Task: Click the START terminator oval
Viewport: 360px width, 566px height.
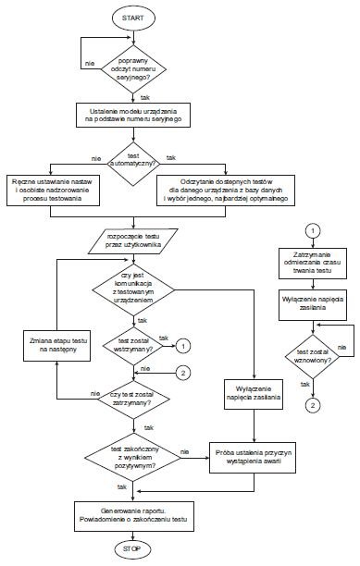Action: [x=133, y=18]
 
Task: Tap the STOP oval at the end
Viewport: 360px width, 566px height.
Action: [x=131, y=549]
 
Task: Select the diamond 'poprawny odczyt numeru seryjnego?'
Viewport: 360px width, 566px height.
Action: [x=133, y=69]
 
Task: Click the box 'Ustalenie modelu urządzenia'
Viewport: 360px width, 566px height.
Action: [x=133, y=116]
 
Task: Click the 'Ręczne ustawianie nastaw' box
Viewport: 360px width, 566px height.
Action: [x=53, y=191]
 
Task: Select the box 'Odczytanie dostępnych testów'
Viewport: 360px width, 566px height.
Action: [x=226, y=191]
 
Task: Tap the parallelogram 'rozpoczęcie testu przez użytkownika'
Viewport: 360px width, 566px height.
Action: [x=133, y=240]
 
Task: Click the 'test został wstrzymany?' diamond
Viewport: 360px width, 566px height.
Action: [x=133, y=346]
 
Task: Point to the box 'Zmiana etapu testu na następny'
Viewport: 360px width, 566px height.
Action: [x=56, y=346]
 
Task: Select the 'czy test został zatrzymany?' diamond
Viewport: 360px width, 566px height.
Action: [x=133, y=400]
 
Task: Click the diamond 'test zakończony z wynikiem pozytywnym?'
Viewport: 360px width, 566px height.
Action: [x=133, y=458]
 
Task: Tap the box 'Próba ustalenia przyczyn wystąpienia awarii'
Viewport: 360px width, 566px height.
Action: [x=253, y=458]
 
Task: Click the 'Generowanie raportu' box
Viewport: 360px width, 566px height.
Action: [x=133, y=516]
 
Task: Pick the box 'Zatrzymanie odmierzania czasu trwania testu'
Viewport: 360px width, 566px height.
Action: [x=313, y=264]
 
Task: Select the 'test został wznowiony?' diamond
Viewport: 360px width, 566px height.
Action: [x=313, y=356]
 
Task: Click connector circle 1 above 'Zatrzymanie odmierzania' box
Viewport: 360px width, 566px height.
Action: [x=313, y=230]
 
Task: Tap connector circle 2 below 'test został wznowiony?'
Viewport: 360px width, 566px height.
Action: [x=313, y=405]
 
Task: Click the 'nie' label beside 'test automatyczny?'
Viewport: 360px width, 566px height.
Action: [x=96, y=158]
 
